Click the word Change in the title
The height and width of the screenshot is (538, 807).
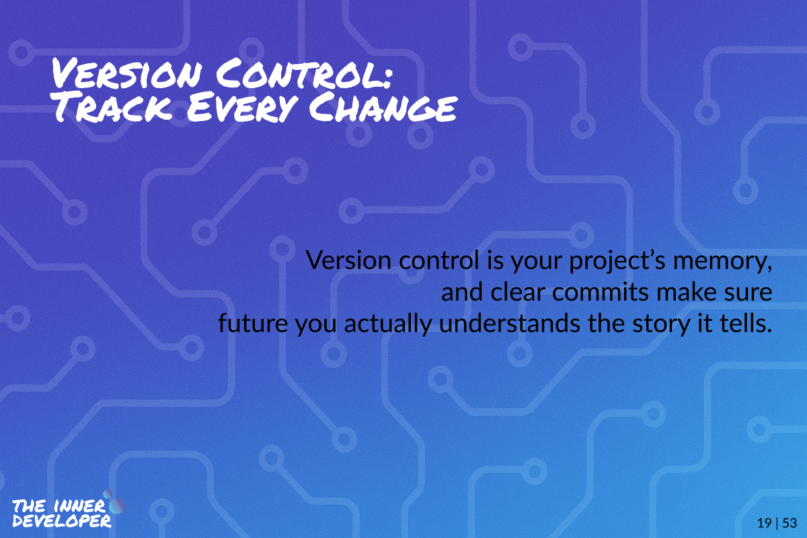click(383, 107)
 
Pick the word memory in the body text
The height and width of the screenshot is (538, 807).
click(722, 261)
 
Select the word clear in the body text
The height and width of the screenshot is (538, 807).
click(518, 293)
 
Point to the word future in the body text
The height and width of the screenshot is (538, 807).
click(253, 323)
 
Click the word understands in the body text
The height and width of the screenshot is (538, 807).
click(510, 323)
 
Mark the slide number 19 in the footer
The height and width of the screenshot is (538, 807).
click(764, 523)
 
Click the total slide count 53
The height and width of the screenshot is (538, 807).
click(790, 523)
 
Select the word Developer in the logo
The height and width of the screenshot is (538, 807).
click(62, 521)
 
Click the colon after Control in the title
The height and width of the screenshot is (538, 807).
click(387, 77)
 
